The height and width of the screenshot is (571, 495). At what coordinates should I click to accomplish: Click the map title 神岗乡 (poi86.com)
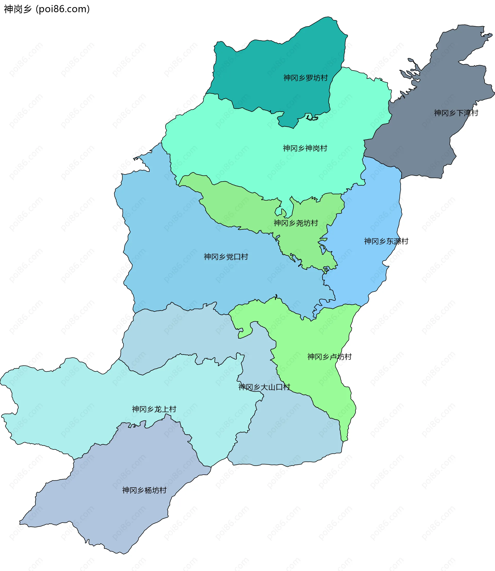47,9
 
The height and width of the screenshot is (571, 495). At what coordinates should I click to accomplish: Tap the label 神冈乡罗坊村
305,78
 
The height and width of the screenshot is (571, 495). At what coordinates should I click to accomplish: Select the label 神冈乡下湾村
456,113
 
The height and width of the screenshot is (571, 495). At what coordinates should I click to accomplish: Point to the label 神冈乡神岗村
305,148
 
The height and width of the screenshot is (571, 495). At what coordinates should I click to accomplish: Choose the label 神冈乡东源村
386,241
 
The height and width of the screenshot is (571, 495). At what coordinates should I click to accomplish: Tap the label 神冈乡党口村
226,257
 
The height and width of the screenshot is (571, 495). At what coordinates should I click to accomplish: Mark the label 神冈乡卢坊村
329,357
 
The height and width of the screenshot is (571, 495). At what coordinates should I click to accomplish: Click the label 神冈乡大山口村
264,387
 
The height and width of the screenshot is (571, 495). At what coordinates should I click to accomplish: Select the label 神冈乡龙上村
154,409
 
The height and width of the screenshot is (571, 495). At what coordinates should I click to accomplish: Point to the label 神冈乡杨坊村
144,490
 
